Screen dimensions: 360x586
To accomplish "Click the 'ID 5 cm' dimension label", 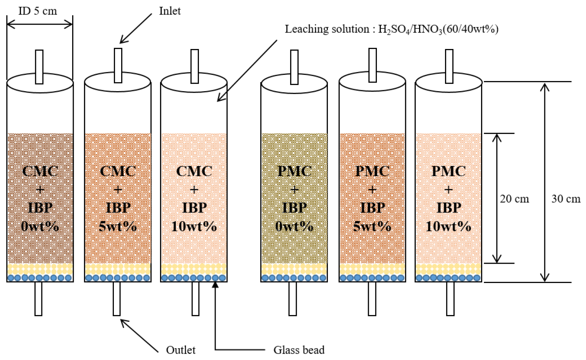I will [38, 11].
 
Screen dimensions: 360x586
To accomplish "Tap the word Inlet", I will [170, 11].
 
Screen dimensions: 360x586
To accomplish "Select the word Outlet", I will [181, 349].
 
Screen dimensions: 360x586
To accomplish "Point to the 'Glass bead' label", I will [299, 349].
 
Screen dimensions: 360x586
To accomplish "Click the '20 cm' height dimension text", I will [514, 199].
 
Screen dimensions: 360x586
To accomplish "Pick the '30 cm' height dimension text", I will [566, 199].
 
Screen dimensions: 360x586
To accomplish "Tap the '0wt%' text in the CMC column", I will [40, 226].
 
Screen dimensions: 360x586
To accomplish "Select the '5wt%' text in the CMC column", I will [118, 226].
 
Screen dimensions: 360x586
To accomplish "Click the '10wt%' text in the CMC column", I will [194, 226].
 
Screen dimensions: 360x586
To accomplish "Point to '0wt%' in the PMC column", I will [294, 226].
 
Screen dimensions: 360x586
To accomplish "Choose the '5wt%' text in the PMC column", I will [372, 226].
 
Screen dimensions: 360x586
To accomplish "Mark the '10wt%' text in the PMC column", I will [448, 226].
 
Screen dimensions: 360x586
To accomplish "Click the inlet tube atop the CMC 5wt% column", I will [118, 65].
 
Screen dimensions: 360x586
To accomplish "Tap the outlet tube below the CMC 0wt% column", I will [38, 298].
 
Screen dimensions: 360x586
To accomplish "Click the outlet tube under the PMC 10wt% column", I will [450, 298].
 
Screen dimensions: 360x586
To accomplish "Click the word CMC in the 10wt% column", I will [194, 171].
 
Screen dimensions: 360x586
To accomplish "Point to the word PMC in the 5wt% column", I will [372, 171].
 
